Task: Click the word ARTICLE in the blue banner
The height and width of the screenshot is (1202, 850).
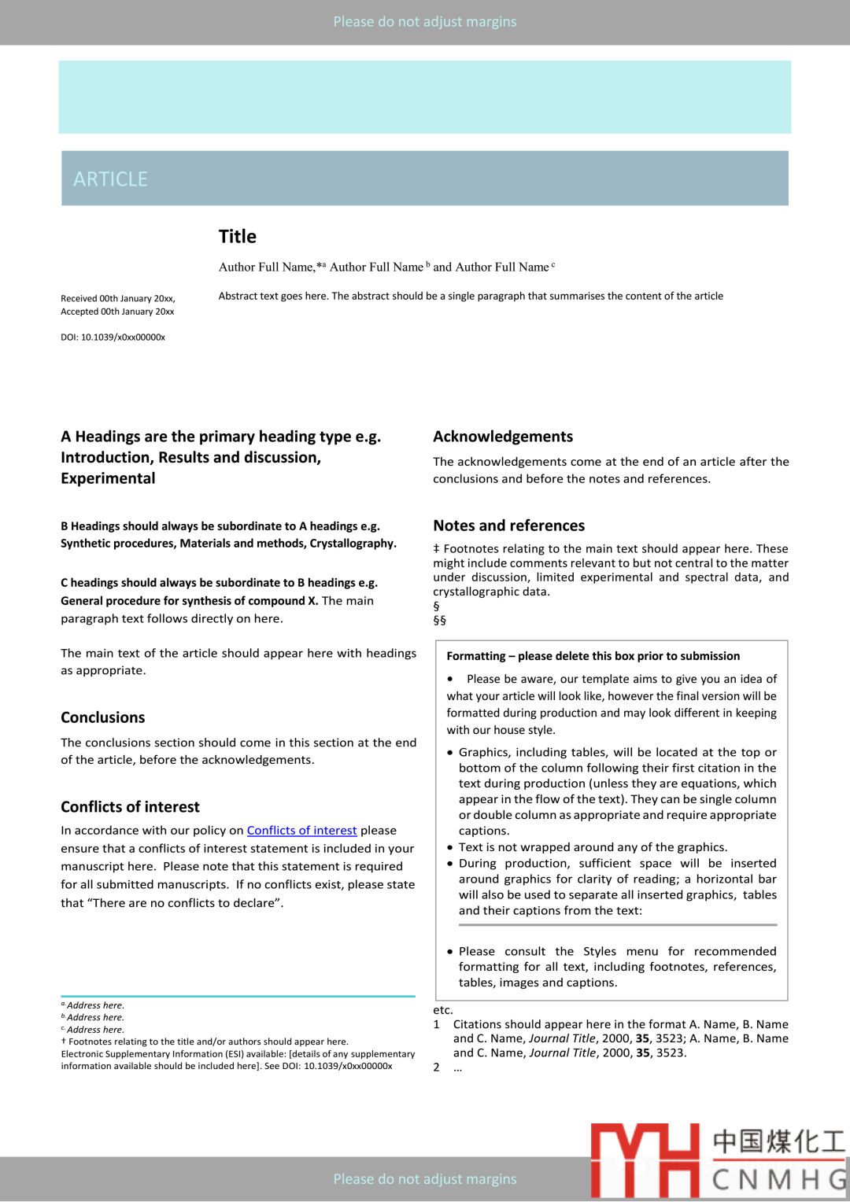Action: coord(110,179)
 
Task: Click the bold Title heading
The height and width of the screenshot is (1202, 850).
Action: coord(238,237)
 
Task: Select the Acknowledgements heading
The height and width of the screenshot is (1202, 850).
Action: coord(503,437)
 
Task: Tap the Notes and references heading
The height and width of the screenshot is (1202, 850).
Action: coord(508,525)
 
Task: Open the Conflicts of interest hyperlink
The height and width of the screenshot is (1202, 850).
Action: coord(301,831)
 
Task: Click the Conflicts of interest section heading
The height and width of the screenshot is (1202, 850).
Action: coord(130,807)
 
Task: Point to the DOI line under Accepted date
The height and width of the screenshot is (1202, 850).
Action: coord(113,337)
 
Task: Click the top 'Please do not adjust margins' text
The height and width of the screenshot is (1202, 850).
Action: coord(425,22)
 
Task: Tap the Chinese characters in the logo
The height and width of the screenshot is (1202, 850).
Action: coord(778,1141)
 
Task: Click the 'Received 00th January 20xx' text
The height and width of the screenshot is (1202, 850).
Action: coord(118,299)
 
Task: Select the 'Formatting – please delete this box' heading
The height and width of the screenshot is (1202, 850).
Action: coord(593,656)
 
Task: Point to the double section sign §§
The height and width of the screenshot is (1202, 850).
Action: coord(439,620)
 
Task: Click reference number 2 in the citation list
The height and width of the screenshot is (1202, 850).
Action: coord(437,1067)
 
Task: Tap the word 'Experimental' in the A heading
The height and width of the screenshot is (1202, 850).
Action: coord(108,478)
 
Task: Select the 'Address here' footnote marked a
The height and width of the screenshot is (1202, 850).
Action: coord(94,1005)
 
